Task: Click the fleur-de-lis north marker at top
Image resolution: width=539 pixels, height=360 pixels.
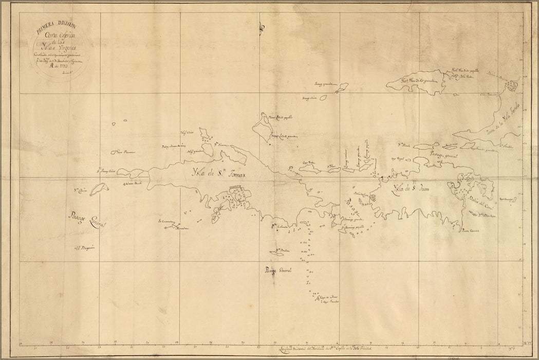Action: pos(261,28)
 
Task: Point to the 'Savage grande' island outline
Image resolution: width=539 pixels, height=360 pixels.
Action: pos(339,89)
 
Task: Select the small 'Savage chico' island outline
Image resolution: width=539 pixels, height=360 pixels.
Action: pos(323,97)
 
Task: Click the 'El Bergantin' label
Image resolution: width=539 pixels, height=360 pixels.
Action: pos(85,247)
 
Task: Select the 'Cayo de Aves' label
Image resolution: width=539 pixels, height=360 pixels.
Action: pos(328,297)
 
